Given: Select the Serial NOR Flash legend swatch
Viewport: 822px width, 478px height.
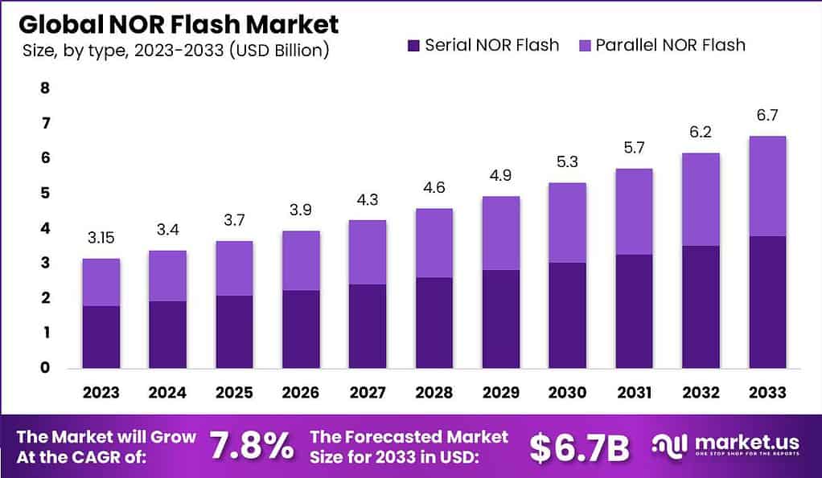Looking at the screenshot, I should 413,45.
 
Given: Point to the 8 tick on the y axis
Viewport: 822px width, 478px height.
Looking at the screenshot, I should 45,88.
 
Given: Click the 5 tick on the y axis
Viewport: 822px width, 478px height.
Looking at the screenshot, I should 45,193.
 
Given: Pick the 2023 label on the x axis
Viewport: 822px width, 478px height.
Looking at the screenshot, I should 101,393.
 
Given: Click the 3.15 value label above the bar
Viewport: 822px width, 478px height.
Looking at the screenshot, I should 101,238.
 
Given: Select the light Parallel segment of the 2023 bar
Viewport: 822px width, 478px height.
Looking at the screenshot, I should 101,282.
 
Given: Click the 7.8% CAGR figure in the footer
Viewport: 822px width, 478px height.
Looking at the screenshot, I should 251,447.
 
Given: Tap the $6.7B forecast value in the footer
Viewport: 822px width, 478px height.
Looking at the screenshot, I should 580,447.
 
